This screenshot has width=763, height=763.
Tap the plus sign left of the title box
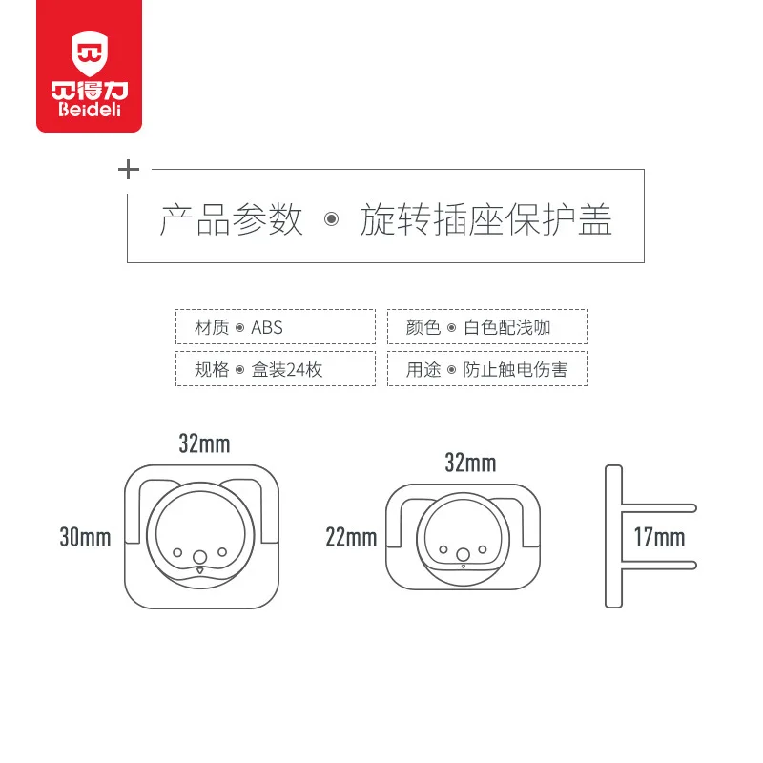[128, 171]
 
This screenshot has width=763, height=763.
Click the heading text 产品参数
[231, 220]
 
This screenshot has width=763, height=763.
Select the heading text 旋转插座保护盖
[485, 220]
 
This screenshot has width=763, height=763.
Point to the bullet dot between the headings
[331, 220]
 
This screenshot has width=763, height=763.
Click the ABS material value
[267, 327]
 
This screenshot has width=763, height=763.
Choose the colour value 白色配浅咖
[507, 327]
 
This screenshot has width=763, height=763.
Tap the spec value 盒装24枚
[287, 369]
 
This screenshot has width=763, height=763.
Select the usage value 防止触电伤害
[515, 369]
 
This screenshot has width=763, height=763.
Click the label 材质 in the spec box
[212, 327]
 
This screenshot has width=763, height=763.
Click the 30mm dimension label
[85, 538]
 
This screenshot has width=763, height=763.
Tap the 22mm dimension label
[351, 538]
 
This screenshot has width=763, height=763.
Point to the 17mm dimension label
[660, 537]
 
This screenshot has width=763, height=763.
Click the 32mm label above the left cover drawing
[204, 443]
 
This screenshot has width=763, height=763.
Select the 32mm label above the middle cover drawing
[470, 464]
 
